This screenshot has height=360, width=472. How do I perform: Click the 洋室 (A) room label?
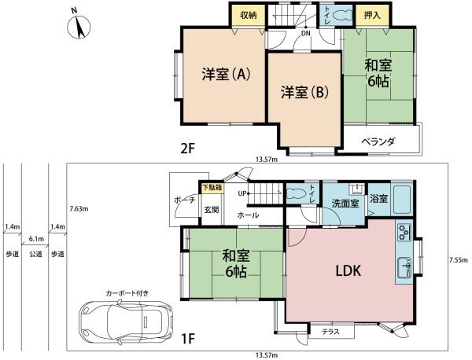pos(226,75)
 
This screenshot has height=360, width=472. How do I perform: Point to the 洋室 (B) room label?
pos(304,93)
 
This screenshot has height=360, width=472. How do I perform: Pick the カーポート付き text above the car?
pos(127,293)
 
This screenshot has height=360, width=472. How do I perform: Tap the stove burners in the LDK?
pos(404,233)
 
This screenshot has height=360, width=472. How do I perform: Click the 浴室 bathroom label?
pos(378,199)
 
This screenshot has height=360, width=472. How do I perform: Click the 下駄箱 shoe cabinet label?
pos(211,188)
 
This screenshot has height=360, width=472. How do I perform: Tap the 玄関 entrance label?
pos(212,209)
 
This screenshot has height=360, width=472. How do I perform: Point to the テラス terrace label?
pos(330,332)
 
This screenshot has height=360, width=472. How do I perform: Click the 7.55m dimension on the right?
pos(458,259)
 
